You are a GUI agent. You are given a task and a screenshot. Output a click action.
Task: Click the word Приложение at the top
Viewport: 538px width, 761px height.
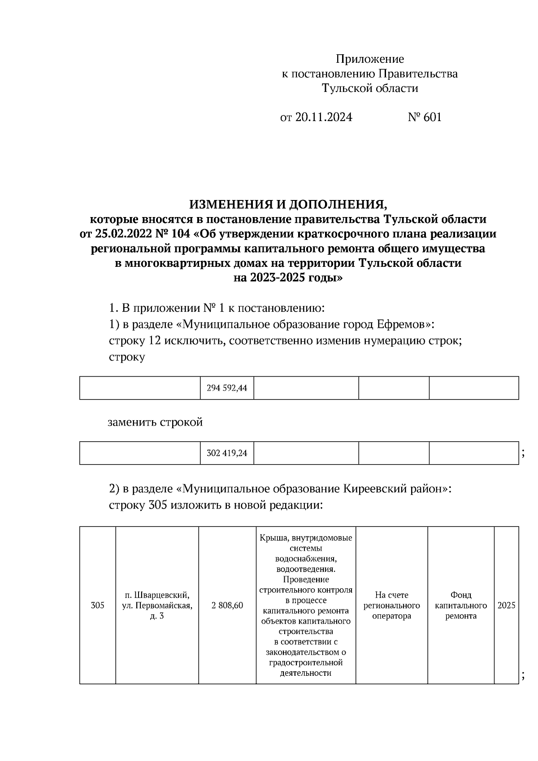[370, 59]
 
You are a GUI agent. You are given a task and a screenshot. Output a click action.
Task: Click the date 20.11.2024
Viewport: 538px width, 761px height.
[324, 117]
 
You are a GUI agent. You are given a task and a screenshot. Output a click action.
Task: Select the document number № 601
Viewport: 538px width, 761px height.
[425, 117]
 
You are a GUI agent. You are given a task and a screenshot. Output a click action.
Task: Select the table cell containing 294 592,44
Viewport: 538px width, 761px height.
[227, 388]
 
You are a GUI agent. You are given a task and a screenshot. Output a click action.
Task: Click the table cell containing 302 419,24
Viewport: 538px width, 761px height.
[227, 453]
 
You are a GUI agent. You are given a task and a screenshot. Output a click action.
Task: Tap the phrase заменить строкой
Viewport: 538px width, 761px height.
[155, 422]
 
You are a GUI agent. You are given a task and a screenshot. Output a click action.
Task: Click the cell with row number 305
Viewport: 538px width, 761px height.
[97, 605]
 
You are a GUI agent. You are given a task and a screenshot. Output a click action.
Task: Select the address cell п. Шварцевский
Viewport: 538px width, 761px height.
[157, 605]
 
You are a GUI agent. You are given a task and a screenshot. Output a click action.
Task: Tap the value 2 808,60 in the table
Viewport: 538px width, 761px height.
[227, 605]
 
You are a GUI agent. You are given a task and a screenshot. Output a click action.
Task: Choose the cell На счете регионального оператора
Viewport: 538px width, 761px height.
[392, 605]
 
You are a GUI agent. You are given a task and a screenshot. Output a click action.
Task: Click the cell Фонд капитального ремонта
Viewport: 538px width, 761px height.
[461, 605]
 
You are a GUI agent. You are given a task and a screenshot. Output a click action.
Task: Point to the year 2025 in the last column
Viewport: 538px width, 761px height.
[507, 605]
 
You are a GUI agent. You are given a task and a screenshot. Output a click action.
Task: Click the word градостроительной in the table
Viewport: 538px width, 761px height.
[306, 662]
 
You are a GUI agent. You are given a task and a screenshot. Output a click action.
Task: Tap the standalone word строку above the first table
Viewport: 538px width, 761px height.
[127, 357]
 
